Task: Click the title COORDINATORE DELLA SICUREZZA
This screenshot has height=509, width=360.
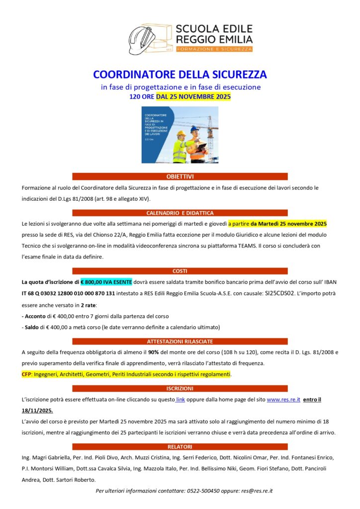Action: point(180,75)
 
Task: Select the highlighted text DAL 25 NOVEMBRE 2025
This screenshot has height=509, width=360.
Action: point(193,97)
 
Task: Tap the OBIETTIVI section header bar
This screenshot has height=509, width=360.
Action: point(180,176)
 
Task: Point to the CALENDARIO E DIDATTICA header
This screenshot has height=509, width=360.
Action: point(180,213)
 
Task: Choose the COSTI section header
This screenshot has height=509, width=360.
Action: point(180,271)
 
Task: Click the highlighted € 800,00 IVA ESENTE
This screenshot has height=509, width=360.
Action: point(106,282)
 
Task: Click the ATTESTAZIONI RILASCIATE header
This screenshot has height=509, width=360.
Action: point(180,341)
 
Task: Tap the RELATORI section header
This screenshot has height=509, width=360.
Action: point(180,446)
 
